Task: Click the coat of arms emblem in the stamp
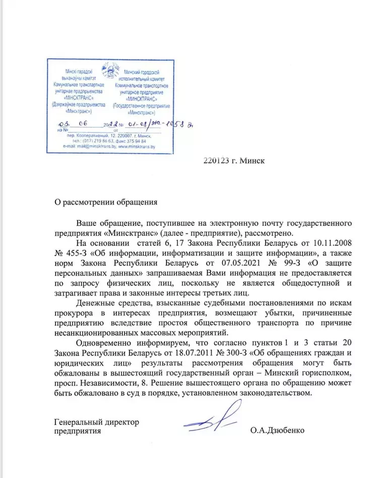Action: (109, 69)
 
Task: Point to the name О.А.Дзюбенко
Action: (277, 431)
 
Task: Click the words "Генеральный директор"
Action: (96, 422)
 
